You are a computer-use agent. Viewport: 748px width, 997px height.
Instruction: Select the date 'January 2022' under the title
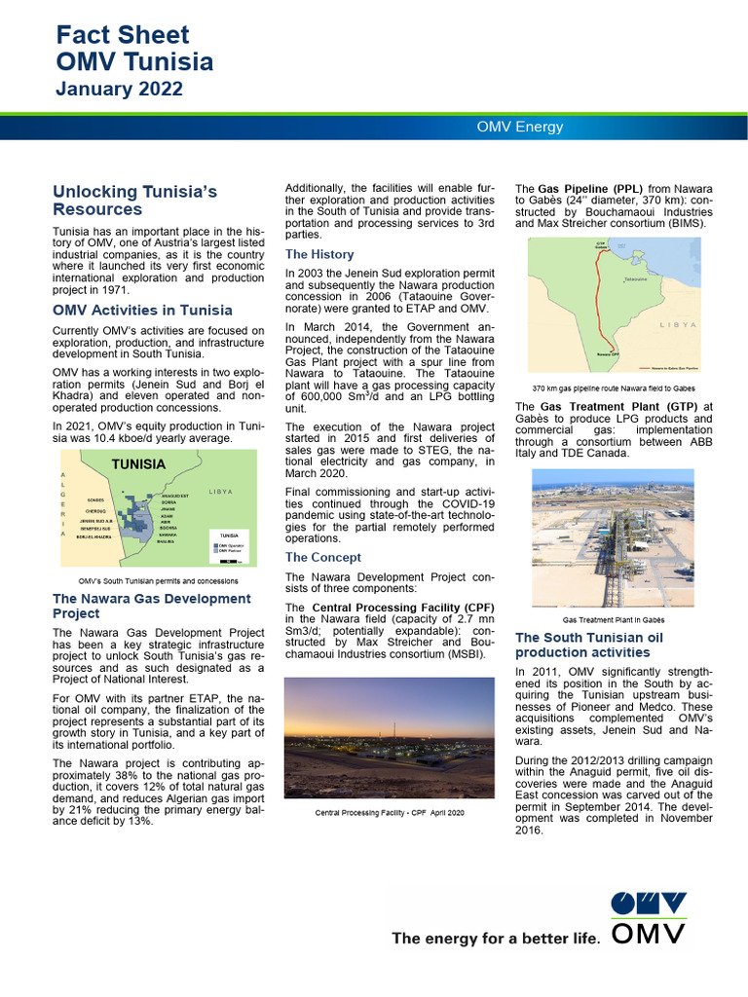point(119,90)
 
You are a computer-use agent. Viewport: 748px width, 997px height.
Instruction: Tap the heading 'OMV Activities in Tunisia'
point(142,311)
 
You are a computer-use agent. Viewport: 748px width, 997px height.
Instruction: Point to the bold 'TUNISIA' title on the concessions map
point(138,464)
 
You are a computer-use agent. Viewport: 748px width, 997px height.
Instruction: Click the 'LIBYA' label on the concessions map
point(220,492)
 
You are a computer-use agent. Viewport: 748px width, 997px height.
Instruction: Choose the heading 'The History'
point(319,254)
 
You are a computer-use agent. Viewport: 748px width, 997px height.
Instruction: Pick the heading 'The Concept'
point(322,557)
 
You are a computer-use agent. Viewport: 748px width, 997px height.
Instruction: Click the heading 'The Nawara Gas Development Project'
point(151,606)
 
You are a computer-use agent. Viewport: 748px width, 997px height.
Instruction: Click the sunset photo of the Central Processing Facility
point(389,737)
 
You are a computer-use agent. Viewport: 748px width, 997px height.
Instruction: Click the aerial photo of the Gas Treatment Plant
point(613,537)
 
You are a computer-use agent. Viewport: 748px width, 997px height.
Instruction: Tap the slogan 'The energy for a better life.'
point(495,939)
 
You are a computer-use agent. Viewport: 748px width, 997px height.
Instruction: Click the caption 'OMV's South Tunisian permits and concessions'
point(151,580)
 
